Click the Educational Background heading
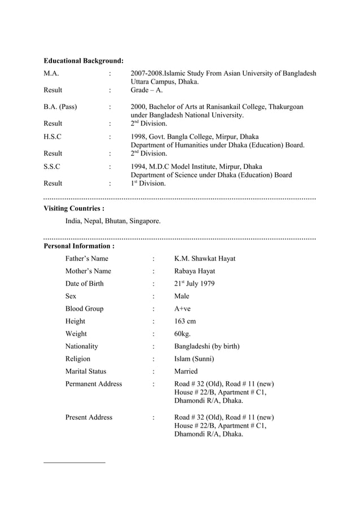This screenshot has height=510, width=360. click(x=84, y=60)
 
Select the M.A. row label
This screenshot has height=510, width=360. click(x=51, y=73)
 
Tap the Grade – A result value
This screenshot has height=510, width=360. click(x=147, y=90)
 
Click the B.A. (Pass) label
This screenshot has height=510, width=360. click(x=60, y=107)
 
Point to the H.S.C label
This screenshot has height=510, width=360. click(x=52, y=137)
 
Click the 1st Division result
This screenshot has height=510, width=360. click(x=148, y=183)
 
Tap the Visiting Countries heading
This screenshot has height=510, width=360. click(x=74, y=208)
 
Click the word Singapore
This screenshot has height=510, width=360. click(x=144, y=221)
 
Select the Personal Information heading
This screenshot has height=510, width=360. click(x=79, y=246)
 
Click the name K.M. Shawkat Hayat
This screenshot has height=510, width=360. click(x=205, y=259)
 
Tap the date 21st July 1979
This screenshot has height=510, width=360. click(x=194, y=284)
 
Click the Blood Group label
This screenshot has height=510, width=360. click(x=84, y=309)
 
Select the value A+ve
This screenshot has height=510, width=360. click(x=183, y=309)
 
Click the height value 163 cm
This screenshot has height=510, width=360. click(x=185, y=321)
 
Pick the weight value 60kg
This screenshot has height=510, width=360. click(x=183, y=334)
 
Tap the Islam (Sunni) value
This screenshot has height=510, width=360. click(x=194, y=359)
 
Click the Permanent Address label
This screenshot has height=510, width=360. click(x=93, y=384)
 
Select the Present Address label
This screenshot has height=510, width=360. click(x=89, y=417)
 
